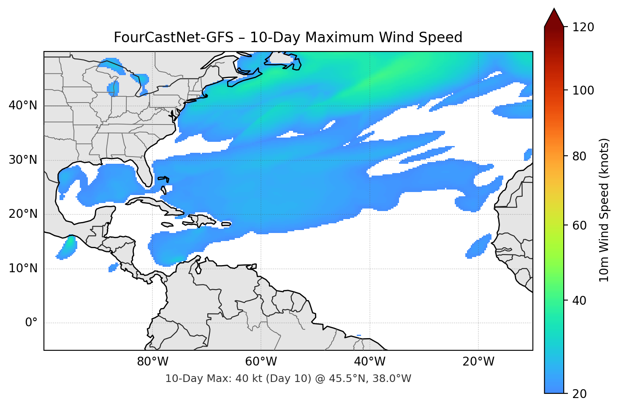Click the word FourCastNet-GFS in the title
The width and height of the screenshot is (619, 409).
click(173, 38)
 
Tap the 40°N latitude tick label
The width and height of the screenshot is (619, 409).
click(23, 106)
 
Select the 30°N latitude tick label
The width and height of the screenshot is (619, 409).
click(23, 160)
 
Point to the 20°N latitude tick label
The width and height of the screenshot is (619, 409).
click(23, 214)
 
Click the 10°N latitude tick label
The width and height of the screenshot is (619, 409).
click(23, 268)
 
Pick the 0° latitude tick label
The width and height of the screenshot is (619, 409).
click(31, 323)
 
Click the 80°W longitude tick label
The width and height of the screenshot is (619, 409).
click(152, 362)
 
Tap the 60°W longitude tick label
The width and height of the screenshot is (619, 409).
click(261, 362)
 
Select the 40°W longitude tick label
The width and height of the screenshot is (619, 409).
click(369, 362)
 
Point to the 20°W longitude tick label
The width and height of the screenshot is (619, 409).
click(478, 362)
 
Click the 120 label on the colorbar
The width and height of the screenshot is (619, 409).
click(583, 27)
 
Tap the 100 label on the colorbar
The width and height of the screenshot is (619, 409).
click(583, 90)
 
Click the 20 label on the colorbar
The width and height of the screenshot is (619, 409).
click(579, 394)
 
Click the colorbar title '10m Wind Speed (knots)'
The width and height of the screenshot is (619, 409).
click(604, 210)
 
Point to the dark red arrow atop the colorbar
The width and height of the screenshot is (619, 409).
click(554, 18)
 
